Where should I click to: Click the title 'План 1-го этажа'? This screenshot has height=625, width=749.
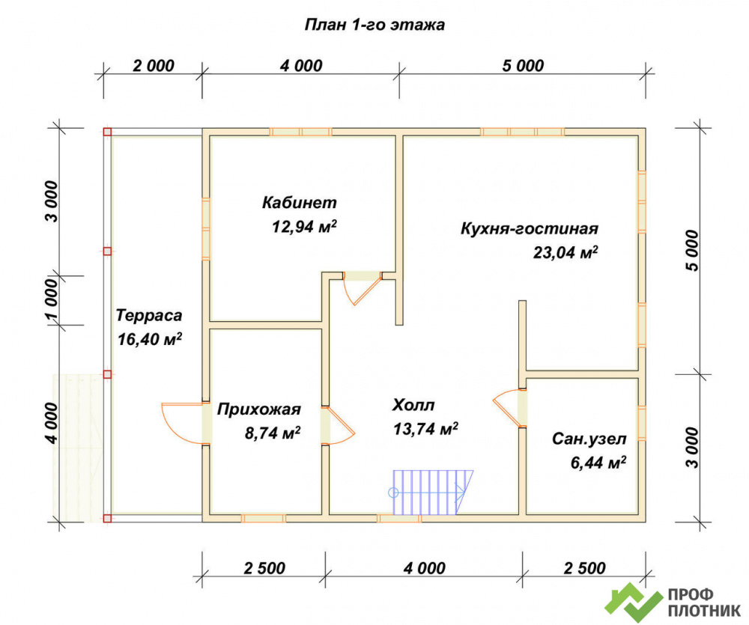click(374, 25)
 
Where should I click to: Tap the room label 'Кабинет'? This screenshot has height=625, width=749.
click(300, 202)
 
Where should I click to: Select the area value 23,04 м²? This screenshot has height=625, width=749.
click(565, 252)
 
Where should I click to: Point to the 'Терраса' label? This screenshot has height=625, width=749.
click(149, 316)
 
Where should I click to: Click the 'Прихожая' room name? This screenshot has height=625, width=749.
click(259, 409)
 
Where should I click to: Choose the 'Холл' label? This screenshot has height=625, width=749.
click(413, 406)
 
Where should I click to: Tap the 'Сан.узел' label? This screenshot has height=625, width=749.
click(589, 439)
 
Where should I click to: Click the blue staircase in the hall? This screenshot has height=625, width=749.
click(432, 493)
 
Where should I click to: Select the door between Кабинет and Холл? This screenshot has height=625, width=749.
click(363, 288)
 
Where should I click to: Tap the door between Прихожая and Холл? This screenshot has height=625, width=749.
click(338, 425)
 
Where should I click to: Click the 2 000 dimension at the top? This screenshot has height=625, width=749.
click(154, 65)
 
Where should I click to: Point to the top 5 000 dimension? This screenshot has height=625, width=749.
click(523, 65)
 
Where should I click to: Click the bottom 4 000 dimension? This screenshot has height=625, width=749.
click(424, 568)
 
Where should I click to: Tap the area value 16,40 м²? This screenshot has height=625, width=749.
click(150, 340)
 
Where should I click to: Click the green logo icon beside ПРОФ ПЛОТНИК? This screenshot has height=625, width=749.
click(634, 602)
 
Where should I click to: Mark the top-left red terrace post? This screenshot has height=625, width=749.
click(107, 132)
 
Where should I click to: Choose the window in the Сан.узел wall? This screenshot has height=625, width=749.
click(642, 423)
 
